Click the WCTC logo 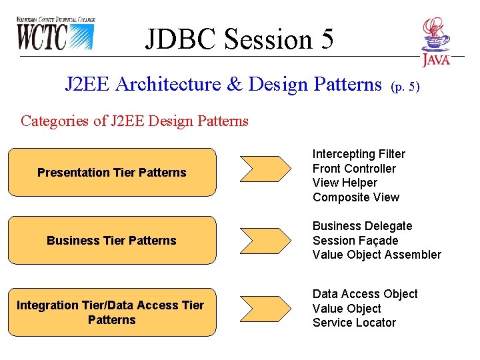click(56, 33)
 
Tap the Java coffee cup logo click(435, 41)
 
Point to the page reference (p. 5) click(405, 86)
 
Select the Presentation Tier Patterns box click(112, 173)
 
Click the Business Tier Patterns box click(112, 241)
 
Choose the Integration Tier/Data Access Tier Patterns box click(112, 313)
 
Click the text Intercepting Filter click(359, 154)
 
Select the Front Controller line click(354, 169)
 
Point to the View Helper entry click(345, 183)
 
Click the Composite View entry click(356, 197)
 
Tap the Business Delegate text click(362, 226)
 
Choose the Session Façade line click(355, 241)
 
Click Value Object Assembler click(377, 255)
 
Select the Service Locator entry click(354, 323)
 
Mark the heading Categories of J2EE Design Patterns click(135, 121)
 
